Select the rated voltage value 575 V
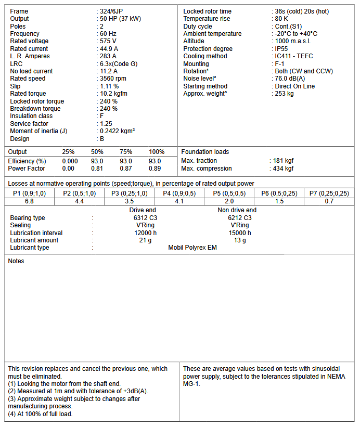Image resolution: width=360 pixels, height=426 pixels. (108, 41)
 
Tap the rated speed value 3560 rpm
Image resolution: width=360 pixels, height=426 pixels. (113, 79)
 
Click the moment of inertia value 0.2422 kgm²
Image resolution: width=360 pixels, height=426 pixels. (118, 131)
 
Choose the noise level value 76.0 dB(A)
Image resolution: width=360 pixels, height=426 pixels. (290, 79)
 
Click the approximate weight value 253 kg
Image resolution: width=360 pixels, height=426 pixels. (284, 94)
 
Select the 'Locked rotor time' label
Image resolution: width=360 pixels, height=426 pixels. (207, 11)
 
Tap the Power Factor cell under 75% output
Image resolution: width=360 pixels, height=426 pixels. (125, 169)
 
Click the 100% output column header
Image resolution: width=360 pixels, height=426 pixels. (157, 152)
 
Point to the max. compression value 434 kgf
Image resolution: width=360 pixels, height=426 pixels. (283, 169)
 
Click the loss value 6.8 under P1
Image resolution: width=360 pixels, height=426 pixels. (29, 201)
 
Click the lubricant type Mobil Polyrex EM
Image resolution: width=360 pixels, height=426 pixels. (192, 248)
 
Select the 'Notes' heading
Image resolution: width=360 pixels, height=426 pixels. (16, 261)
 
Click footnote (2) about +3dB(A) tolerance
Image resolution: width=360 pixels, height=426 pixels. (78, 391)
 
